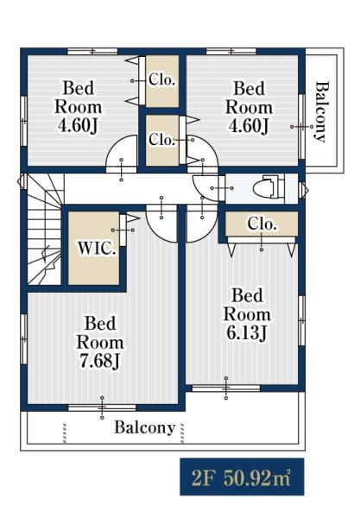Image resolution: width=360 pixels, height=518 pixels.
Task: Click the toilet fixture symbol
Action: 268,188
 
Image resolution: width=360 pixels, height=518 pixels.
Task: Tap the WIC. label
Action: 97,248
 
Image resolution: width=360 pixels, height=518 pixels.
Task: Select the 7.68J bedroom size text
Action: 100,361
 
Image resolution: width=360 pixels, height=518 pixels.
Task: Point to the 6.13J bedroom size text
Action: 246,332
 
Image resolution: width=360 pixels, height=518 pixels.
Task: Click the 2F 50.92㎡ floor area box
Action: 242,477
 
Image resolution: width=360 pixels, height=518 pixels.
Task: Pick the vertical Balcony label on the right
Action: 321,111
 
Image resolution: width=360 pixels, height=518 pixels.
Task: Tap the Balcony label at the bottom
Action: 145,427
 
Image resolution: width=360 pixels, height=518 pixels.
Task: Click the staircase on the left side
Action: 41,229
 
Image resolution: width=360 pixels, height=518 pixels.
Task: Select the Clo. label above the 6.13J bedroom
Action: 262,224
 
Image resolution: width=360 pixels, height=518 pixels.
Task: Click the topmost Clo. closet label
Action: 161,79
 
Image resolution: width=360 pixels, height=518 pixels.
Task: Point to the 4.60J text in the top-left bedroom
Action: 78,125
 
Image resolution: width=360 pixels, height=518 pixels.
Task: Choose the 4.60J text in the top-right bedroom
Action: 249,125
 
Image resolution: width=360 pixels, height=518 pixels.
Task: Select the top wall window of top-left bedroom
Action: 92,51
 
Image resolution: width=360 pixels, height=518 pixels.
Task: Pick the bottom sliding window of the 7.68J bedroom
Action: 102,408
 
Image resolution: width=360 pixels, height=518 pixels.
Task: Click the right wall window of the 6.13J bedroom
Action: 301,320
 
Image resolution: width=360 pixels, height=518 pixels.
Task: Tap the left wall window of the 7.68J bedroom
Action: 24,339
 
